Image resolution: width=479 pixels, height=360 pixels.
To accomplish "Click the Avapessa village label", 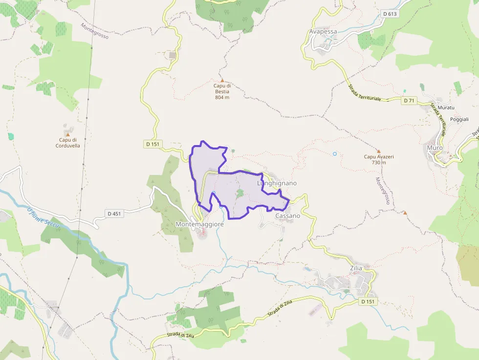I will pos(323,32).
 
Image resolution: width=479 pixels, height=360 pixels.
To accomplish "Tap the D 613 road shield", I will pos(390,14).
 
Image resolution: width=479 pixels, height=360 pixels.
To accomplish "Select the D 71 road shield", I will pos(409,101).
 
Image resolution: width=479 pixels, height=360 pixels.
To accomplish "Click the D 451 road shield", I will pos(113,213).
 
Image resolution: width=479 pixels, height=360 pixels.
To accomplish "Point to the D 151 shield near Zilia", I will pos(369,301).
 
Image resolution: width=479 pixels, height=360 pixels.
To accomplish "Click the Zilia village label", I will pos(356,269).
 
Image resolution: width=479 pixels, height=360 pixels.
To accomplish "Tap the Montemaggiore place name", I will pos(199,224).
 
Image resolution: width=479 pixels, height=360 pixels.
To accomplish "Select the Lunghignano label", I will pos(277,183).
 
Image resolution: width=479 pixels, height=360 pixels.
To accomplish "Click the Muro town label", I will pos(435,148).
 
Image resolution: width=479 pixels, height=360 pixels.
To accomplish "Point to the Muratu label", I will pos(446,107).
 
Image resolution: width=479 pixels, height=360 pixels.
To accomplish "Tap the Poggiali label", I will pos(459,119).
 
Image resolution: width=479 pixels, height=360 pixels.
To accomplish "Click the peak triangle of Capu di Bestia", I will pos(222,80).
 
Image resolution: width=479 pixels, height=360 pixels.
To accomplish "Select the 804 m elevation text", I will pos(222,97).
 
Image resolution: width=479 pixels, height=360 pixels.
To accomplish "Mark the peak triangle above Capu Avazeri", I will pos(378,151).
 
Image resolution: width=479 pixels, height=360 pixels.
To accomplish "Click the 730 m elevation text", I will pos(379,163).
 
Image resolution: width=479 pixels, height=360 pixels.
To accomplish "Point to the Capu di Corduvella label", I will pos(67,142).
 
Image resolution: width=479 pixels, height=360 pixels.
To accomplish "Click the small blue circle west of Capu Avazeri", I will pos(335,154).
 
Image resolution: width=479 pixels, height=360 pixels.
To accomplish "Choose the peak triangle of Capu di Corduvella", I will pos(67,134).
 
